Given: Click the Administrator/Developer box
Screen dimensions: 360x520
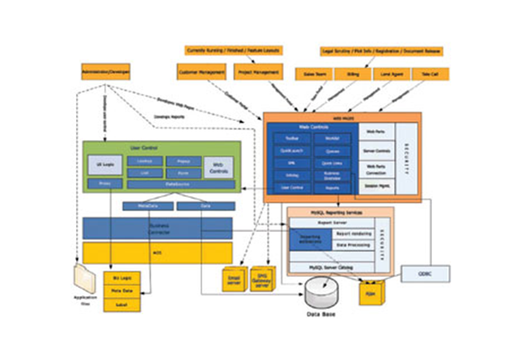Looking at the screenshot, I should pos(105,71).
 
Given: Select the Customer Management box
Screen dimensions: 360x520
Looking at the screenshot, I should pos(201,72).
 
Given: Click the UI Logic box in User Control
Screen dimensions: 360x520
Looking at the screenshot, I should pos(105,165).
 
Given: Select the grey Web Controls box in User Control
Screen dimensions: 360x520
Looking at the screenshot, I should pos(219,166).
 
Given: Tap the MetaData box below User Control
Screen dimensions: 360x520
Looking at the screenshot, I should pos(146,206).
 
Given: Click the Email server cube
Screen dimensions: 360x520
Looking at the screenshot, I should pos(233,281).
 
